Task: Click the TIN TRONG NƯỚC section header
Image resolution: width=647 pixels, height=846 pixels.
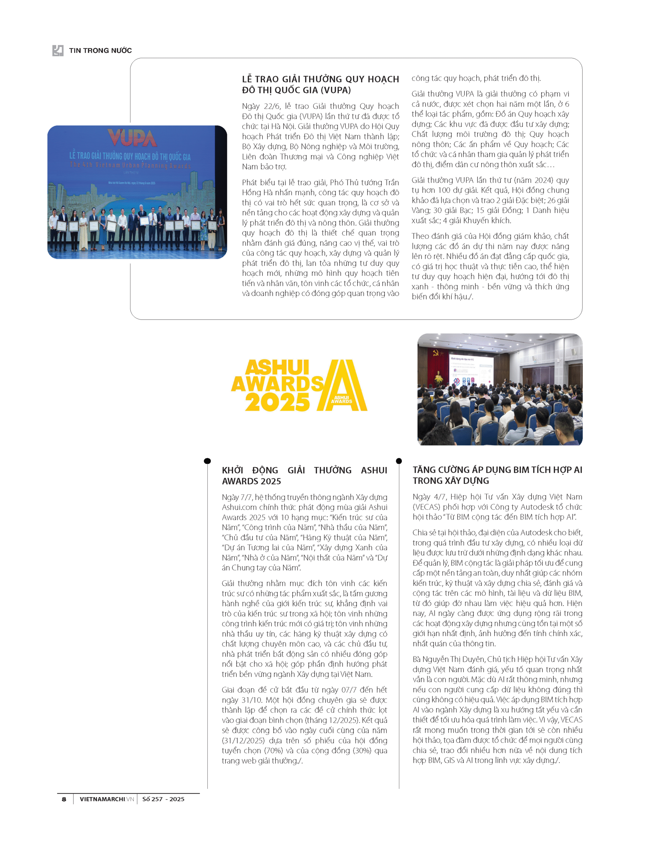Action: [100, 51]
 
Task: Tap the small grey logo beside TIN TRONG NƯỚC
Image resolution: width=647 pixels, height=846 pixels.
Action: [58, 51]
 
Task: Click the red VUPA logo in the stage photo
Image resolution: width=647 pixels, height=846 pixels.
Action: [132, 138]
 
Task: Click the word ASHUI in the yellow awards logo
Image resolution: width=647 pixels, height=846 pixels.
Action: [277, 367]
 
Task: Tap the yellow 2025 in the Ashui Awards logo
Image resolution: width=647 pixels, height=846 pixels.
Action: [277, 402]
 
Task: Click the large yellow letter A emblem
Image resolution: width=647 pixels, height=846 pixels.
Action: [341, 385]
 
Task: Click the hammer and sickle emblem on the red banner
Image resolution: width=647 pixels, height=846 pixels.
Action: [436, 352]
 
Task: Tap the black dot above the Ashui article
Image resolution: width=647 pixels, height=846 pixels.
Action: [207, 461]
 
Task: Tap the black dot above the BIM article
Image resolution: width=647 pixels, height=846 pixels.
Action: [399, 461]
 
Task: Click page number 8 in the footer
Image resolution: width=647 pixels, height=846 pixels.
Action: [64, 799]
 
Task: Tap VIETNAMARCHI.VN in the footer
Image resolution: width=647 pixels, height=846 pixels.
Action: [107, 799]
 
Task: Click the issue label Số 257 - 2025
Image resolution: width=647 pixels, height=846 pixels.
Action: [163, 799]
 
